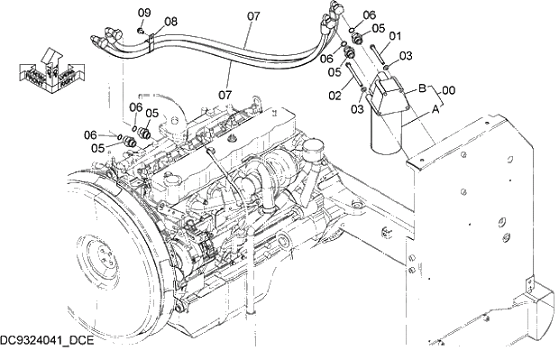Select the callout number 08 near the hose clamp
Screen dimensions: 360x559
pyautogui.click(x=170, y=21)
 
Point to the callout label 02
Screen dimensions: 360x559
pyautogui.click(x=335, y=95)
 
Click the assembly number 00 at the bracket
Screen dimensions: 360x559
pyautogui.click(x=448, y=90)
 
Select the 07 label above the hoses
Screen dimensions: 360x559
pyautogui.click(x=252, y=15)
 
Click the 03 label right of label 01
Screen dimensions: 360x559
pyautogui.click(x=405, y=56)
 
